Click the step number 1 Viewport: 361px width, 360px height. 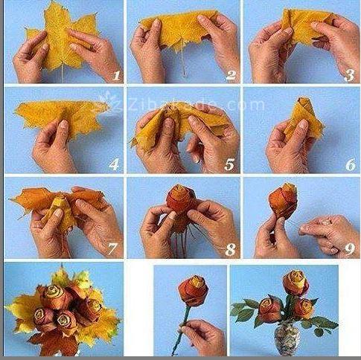(116, 75)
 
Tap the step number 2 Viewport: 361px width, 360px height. (231, 75)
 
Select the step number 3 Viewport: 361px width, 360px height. (348, 75)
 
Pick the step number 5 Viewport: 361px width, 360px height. (231, 164)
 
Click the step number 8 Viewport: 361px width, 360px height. (231, 249)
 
